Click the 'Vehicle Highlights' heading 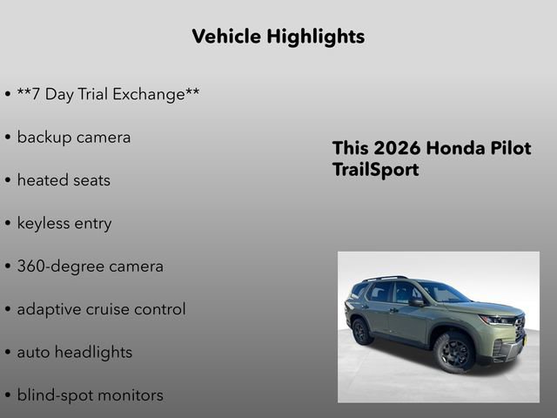coord(278,37)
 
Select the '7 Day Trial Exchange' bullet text coord(108,94)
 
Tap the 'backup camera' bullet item coord(74,138)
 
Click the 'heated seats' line coord(64,180)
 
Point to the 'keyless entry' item coord(64,224)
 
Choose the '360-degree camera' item coord(90,266)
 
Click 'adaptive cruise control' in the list coord(101,309)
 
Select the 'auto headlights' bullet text coord(75,353)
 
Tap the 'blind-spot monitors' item coord(90,395)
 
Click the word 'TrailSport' coord(375,170)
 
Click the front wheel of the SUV coord(453,351)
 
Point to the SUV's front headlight coord(497,320)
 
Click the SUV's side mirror coord(416,301)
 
